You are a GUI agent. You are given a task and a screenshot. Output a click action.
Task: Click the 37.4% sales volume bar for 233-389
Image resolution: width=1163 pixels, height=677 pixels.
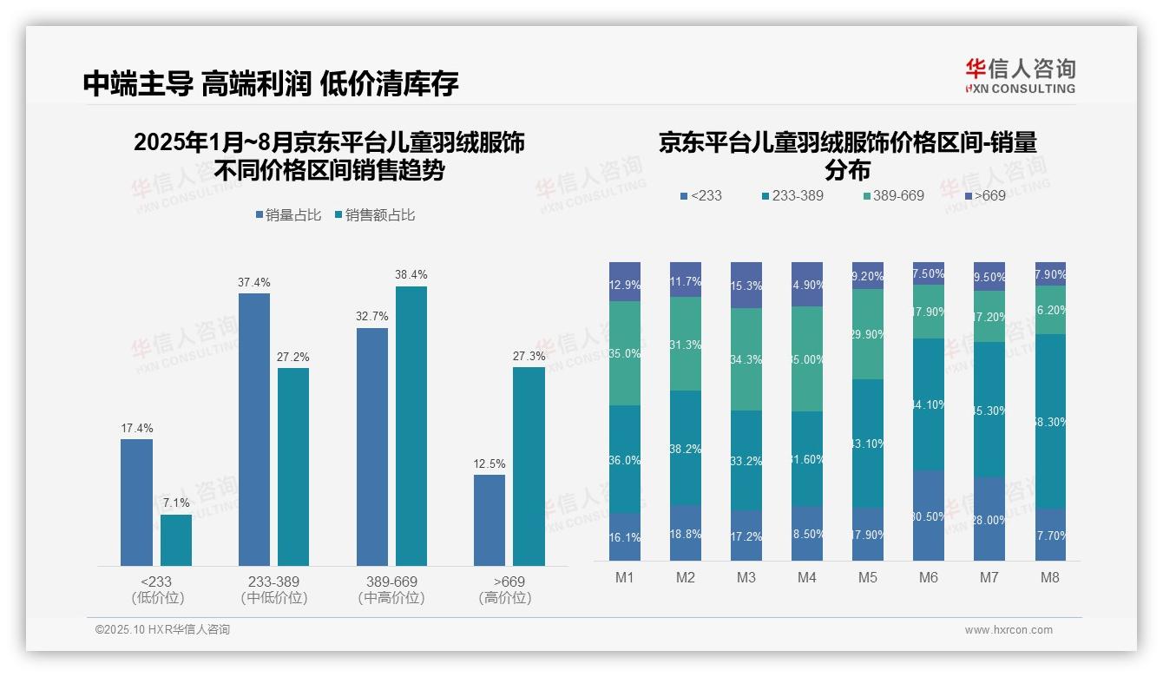click(253, 430)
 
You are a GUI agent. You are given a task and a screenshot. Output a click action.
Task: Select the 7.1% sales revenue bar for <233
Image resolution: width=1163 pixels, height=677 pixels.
click(175, 540)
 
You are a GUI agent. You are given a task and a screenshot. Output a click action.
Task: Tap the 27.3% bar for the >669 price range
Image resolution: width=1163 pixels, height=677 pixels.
click(529, 466)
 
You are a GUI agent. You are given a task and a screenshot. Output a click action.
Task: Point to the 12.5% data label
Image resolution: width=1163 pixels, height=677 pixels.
click(490, 464)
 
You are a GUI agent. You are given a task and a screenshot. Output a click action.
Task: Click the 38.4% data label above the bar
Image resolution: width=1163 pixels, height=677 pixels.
click(411, 275)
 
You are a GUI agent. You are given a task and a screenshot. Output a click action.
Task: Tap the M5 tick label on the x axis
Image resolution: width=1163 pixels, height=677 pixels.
click(868, 577)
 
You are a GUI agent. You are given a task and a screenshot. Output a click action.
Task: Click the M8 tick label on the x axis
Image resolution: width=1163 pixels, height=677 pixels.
click(1050, 577)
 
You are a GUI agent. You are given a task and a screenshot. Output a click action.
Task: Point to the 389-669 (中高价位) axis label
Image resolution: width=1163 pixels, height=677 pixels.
click(391, 589)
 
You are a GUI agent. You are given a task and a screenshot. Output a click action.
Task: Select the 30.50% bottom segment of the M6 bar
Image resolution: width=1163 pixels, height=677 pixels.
click(929, 516)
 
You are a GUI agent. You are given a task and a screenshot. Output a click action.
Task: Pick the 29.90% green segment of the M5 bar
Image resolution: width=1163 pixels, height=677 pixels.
click(868, 334)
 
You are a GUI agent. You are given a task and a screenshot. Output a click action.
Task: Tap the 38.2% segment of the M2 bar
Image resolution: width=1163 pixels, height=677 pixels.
click(686, 448)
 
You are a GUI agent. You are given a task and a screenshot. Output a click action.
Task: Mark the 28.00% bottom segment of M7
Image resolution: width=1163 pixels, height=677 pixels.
click(989, 519)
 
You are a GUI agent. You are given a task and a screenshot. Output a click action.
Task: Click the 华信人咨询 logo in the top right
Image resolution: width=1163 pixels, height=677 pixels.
click(1020, 76)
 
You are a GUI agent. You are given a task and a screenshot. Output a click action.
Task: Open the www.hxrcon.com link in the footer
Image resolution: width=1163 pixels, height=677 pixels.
click(1009, 630)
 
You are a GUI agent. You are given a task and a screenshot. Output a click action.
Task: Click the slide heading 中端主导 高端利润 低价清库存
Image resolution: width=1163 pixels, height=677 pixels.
click(271, 83)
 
